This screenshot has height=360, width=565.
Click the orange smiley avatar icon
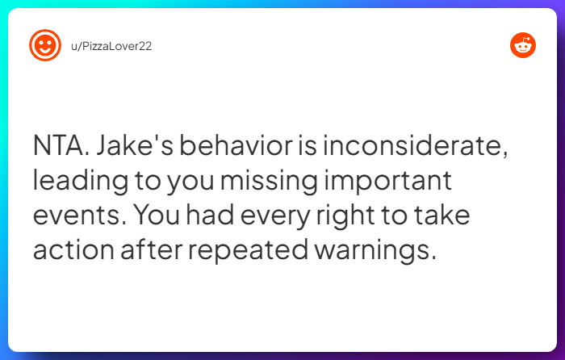click(45, 45)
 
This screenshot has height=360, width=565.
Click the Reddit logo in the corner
click(522, 45)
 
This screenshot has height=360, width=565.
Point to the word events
click(77, 215)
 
